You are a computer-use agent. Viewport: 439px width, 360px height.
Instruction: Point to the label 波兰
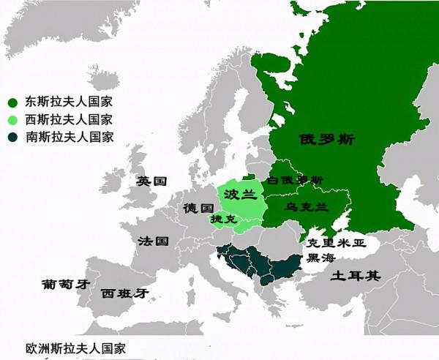[x=241, y=195]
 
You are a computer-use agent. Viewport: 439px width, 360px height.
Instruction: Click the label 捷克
[x=223, y=219]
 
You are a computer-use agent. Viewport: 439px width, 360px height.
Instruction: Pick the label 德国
[x=198, y=207]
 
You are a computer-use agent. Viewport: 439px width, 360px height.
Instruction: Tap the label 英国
[x=152, y=181]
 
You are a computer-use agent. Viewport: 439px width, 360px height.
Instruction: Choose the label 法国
[x=154, y=241]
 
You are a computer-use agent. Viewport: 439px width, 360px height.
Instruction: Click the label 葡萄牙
[x=65, y=284]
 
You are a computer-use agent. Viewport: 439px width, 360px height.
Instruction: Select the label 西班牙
[x=125, y=293]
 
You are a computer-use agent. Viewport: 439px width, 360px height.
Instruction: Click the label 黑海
[x=322, y=258]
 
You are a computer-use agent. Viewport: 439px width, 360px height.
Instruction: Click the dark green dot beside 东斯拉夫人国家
[x=12, y=102]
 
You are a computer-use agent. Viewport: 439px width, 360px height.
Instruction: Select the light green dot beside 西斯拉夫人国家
[x=12, y=119]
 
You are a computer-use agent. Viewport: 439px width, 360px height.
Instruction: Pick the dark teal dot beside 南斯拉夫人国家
[x=12, y=137]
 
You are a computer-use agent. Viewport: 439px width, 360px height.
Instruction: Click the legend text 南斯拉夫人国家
[x=70, y=137]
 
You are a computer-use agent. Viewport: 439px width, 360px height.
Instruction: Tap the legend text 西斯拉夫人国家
[x=70, y=119]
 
